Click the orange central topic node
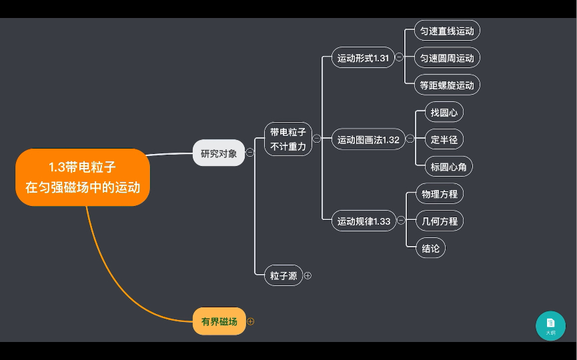click(x=83, y=177)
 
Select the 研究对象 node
click(x=219, y=153)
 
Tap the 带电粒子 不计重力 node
click(x=288, y=139)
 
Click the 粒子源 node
click(x=283, y=275)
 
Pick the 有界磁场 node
click(x=219, y=321)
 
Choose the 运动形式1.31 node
click(x=363, y=57)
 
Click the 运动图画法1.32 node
click(x=368, y=139)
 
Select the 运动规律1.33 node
click(x=364, y=221)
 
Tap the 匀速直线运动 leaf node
click(x=447, y=31)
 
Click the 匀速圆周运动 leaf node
click(x=447, y=58)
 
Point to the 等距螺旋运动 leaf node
click(x=447, y=85)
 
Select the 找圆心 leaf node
click(x=444, y=112)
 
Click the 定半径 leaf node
click(x=444, y=139)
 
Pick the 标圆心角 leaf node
click(x=448, y=167)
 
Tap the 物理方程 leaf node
click(x=440, y=194)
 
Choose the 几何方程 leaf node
click(x=440, y=221)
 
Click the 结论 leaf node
click(x=431, y=248)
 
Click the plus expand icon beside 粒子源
click(x=308, y=275)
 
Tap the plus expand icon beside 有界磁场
click(x=251, y=321)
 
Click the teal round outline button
click(x=550, y=325)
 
